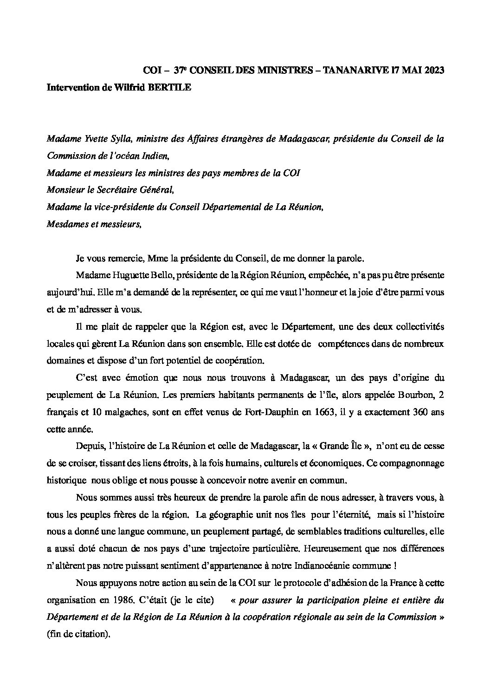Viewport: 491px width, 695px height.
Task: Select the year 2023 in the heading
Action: pyautogui.click(x=434, y=71)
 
